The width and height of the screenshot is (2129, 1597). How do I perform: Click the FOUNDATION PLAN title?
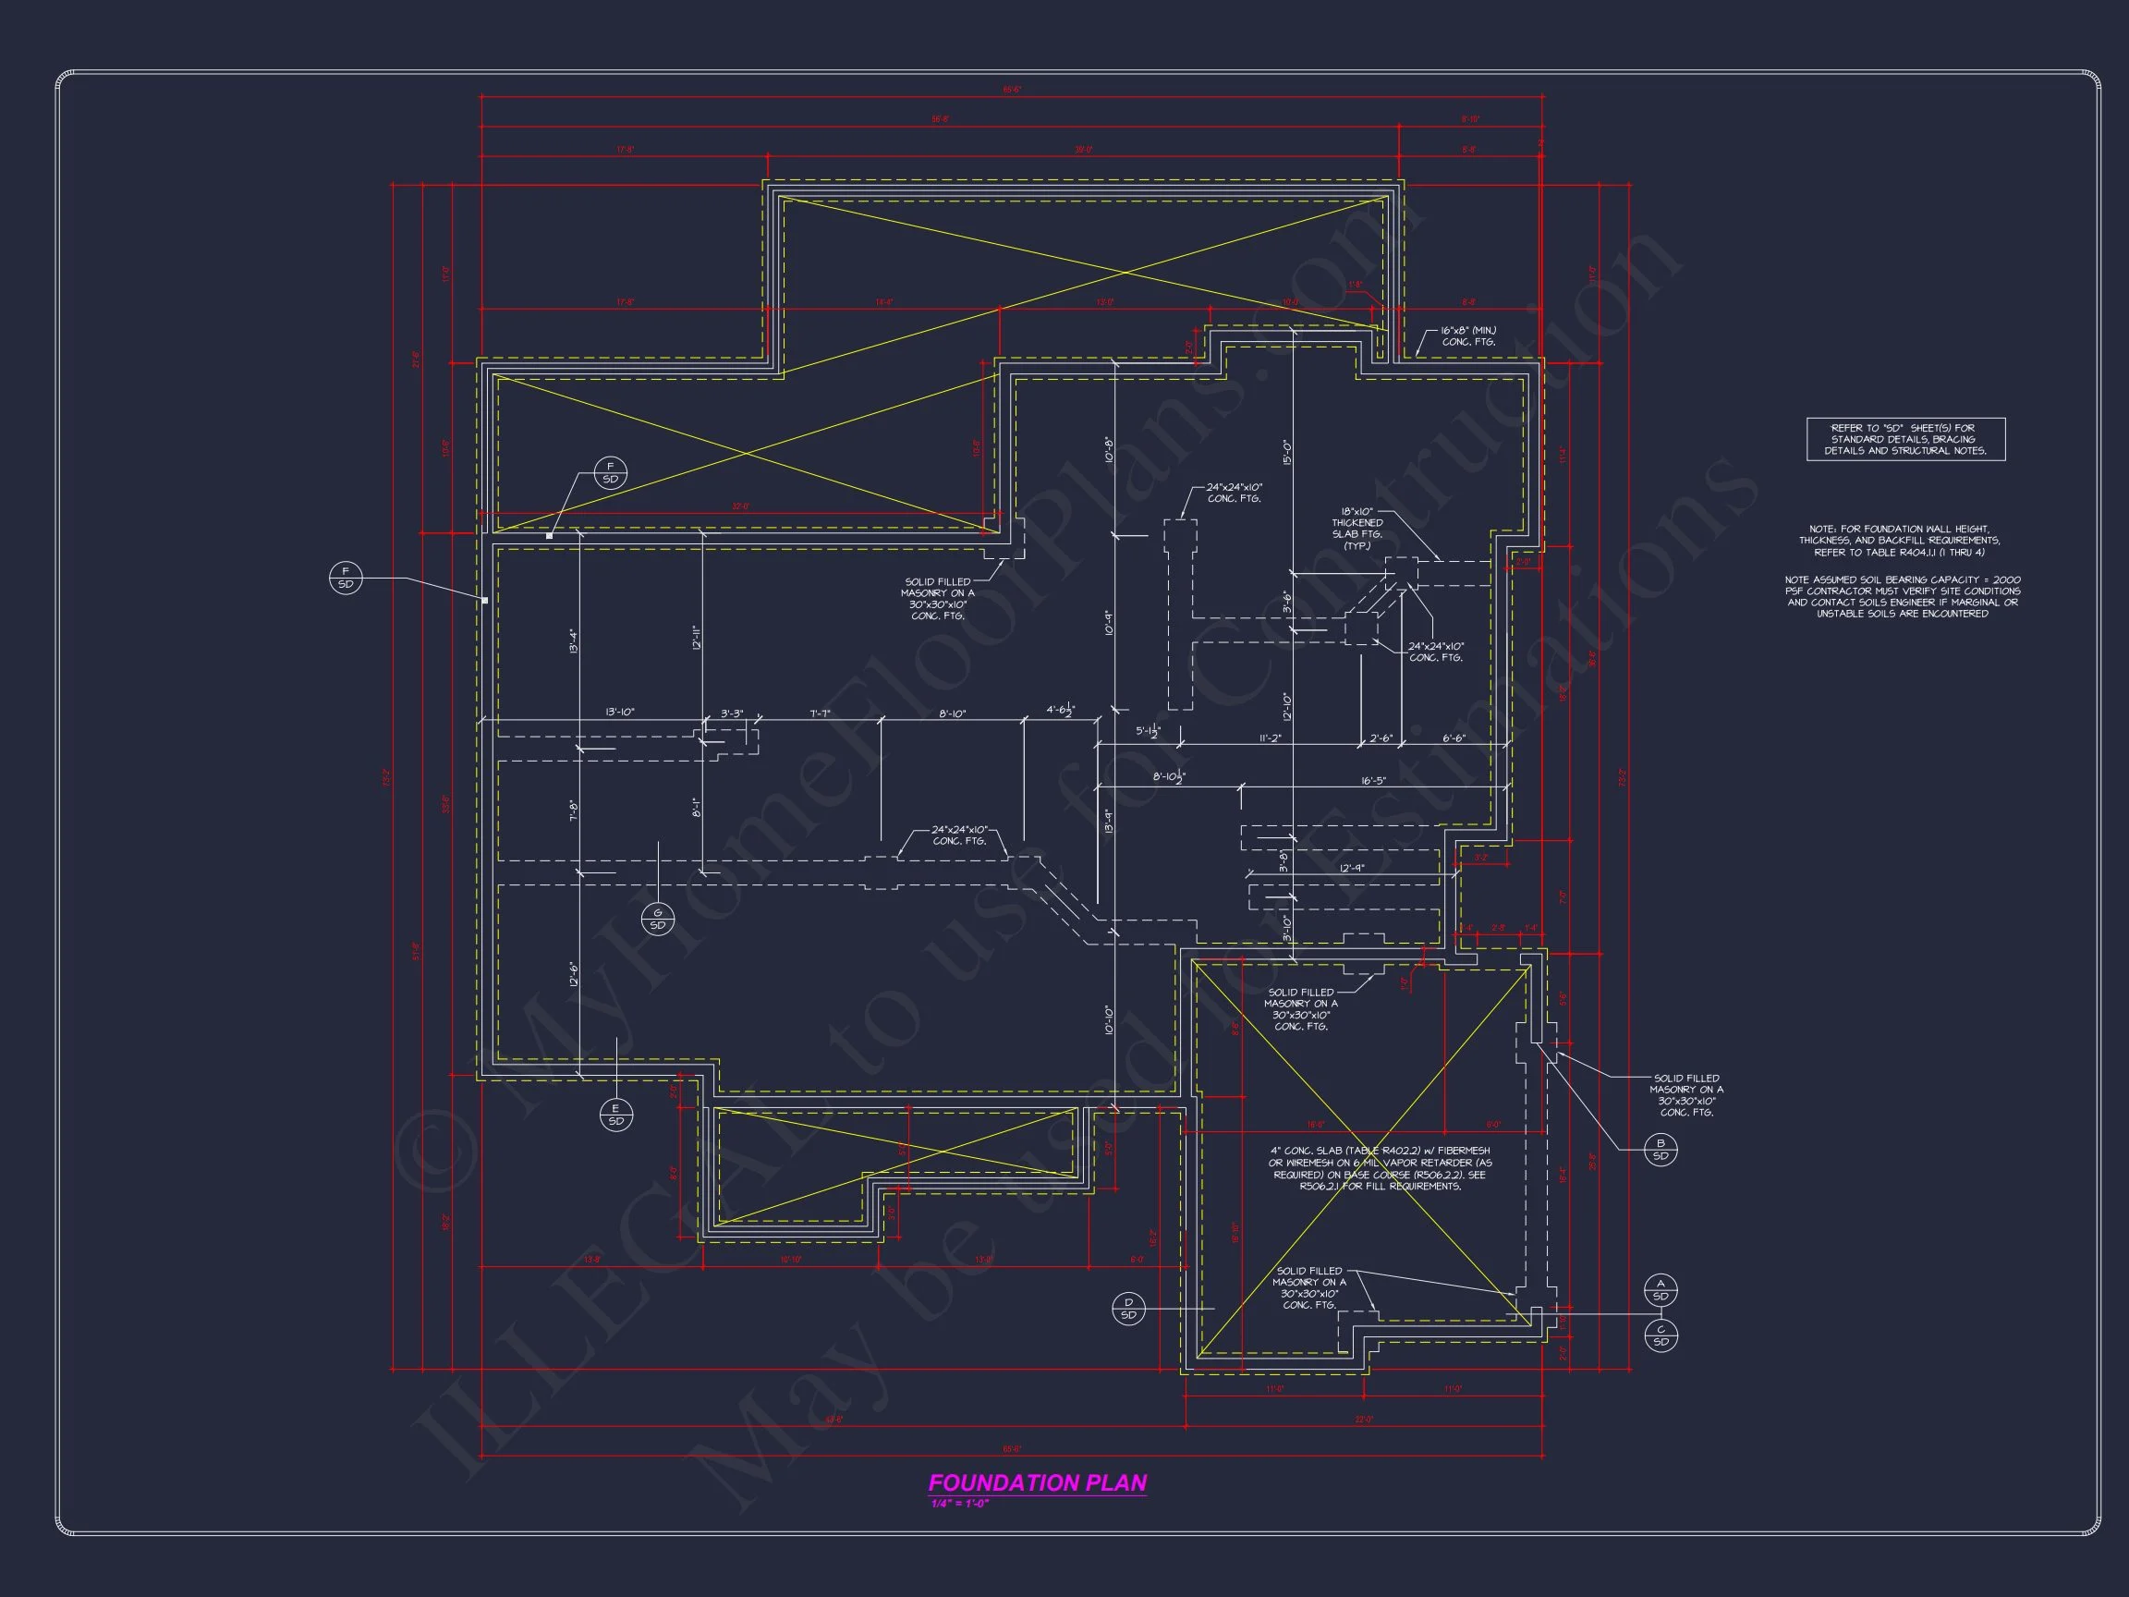pos(1037,1482)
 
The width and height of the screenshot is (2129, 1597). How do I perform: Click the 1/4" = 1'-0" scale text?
pos(958,1504)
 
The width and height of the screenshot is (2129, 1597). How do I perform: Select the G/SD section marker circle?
pos(657,920)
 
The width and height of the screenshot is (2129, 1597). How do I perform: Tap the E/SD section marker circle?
pos(616,1115)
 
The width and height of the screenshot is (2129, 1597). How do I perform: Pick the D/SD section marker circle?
pos(1128,1309)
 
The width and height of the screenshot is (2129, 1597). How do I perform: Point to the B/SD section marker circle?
pos(1661,1150)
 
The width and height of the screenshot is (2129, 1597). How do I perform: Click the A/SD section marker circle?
pos(1661,1290)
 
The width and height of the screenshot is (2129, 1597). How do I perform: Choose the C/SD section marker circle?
pos(1661,1335)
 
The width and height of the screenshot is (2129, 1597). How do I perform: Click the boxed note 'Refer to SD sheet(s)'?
pos(1905,439)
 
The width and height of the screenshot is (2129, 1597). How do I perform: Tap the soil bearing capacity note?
pos(1902,597)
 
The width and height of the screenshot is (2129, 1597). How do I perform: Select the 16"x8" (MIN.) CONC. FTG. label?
pos(1467,336)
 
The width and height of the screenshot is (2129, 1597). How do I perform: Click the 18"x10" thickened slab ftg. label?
pos(1357,529)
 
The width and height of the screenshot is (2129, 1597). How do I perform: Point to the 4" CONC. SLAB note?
pos(1380,1167)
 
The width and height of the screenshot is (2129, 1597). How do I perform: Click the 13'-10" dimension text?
pos(620,713)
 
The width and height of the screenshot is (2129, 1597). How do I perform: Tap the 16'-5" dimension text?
pos(1373,781)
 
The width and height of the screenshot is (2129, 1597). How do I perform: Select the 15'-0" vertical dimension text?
pos(1287,452)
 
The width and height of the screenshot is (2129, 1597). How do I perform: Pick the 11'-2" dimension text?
pos(1270,738)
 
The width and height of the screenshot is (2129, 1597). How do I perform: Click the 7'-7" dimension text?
pos(820,713)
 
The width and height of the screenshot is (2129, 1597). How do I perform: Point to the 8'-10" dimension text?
pos(952,713)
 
